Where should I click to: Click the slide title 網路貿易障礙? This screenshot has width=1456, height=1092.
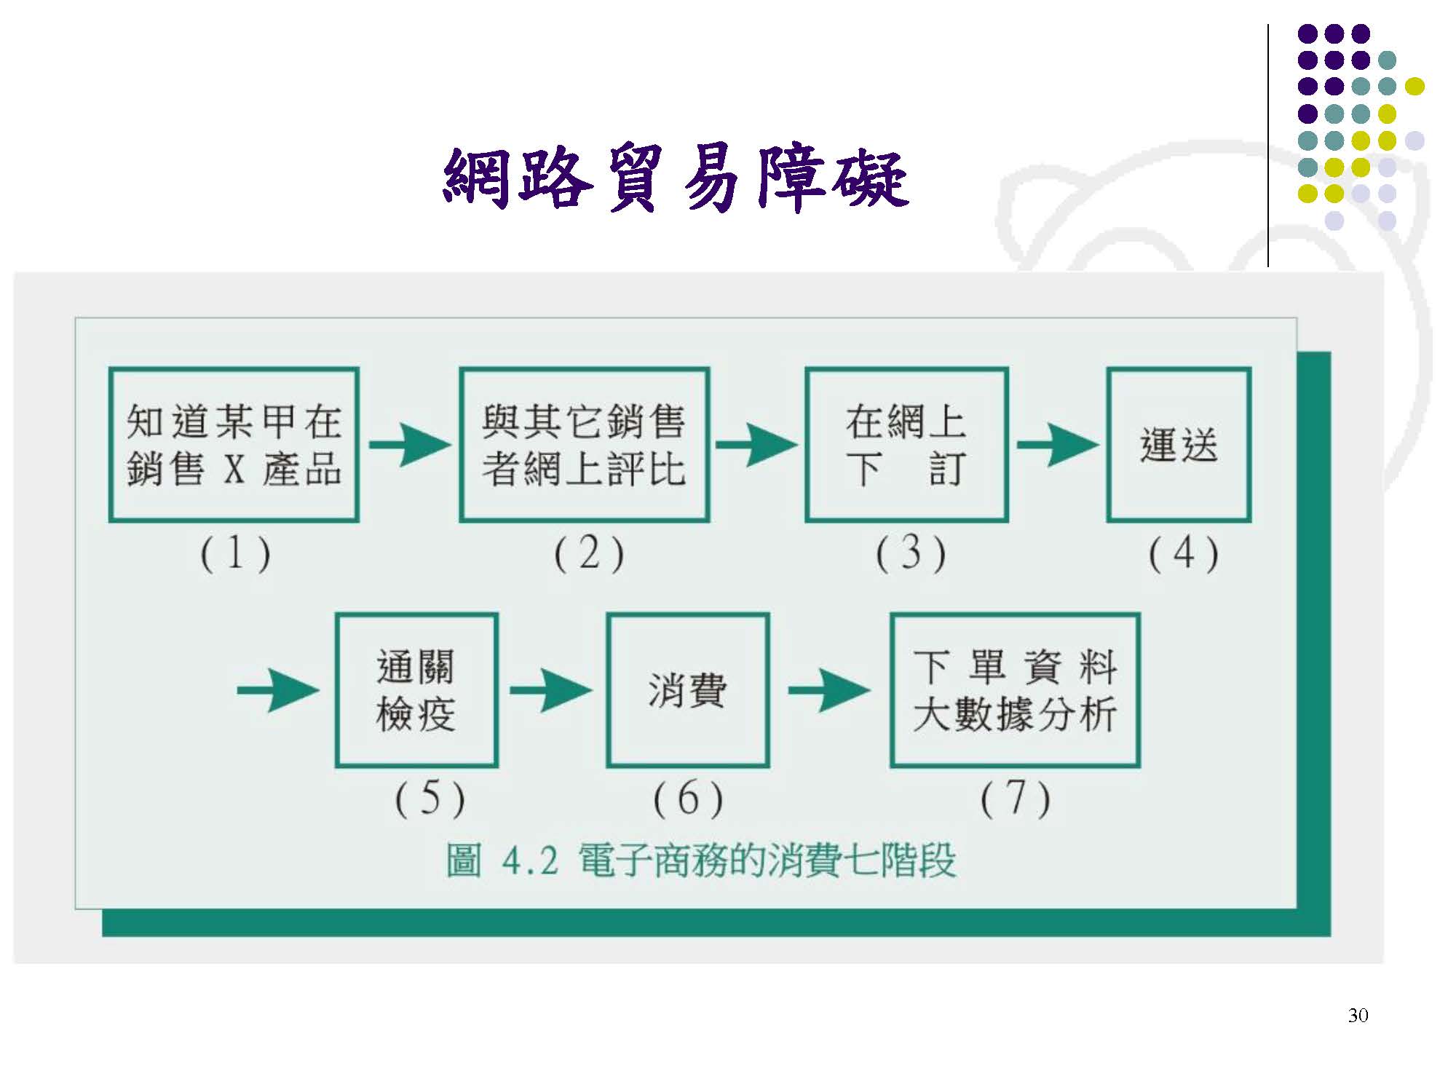(676, 178)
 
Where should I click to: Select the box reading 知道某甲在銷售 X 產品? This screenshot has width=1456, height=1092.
(234, 445)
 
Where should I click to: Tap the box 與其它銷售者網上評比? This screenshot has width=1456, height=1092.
(584, 445)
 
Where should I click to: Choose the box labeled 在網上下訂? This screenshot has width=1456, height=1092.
(906, 445)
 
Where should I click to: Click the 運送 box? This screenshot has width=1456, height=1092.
(1179, 445)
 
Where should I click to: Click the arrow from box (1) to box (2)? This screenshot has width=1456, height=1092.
(409, 445)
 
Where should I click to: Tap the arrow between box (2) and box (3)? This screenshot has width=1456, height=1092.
(756, 445)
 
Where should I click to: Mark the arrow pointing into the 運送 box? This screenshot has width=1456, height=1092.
(1057, 445)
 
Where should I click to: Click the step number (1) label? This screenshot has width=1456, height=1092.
(235, 554)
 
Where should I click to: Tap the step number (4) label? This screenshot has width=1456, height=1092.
(1183, 554)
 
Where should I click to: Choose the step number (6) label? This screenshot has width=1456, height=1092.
(688, 799)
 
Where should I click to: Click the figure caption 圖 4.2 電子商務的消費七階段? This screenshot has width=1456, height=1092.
(700, 860)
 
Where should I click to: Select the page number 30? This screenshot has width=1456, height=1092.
(1358, 1016)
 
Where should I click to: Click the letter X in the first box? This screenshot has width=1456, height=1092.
(234, 469)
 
